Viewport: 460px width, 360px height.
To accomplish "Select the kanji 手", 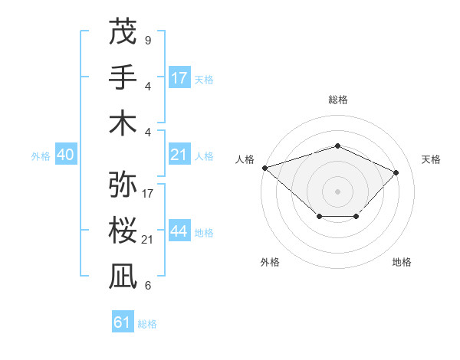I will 123,77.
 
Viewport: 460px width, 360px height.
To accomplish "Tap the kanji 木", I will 123,123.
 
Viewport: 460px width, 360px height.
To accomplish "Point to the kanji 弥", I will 123,185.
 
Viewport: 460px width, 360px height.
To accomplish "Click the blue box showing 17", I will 179,78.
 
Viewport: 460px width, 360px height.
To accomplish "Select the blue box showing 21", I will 179,155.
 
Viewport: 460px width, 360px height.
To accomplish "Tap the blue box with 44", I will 179,232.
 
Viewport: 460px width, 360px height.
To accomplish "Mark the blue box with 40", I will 65,155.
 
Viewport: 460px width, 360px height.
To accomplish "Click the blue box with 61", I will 122,322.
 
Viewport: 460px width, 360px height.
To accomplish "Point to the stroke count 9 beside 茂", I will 147,40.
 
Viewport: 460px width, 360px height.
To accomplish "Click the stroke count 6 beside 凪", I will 147,286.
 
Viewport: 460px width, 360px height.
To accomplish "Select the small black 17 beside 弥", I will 148,194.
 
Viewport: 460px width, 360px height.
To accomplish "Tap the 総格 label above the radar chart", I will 337,100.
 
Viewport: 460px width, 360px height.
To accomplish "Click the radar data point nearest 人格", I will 264,168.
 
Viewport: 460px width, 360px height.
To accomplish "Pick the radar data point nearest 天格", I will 396,172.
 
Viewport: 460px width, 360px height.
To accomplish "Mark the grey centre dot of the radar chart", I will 337,191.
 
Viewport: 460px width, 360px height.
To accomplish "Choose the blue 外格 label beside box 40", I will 41,156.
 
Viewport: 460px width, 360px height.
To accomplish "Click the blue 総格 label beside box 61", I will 147,324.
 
